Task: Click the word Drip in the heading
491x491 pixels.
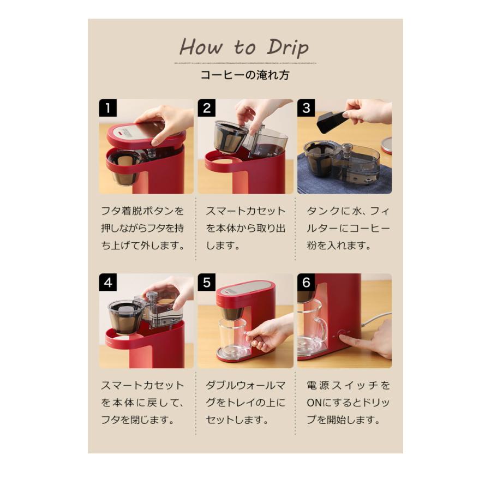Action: [x=288, y=48]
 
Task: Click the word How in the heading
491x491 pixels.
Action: [x=202, y=48]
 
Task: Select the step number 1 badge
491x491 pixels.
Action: [x=107, y=107]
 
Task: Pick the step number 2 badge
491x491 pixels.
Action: [x=206, y=107]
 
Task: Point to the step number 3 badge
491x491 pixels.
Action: [x=306, y=107]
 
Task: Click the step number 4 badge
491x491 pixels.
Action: [x=107, y=282]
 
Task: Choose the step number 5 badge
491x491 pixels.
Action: [x=206, y=282]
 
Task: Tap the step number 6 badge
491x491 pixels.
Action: [x=306, y=282]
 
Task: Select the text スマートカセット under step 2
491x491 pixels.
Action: [x=245, y=211]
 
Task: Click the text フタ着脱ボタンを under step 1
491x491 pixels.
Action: [x=142, y=211]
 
